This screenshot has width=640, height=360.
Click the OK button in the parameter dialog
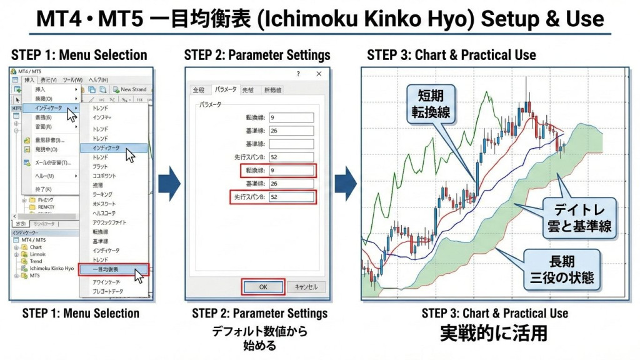(263, 286)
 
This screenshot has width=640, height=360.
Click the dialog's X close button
(319, 74)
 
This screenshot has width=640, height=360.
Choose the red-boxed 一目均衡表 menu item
(113, 270)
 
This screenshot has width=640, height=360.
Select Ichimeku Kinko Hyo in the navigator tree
(51, 268)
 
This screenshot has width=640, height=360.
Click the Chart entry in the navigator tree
(36, 247)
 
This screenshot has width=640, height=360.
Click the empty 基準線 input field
(291, 144)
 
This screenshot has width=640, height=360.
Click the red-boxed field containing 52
(291, 197)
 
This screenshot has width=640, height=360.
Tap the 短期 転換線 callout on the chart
(432, 104)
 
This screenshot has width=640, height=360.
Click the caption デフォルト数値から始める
(259, 338)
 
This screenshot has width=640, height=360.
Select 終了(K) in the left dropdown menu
(44, 189)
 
